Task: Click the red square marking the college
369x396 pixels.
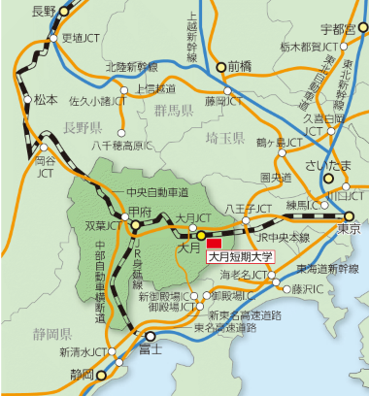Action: [215, 241]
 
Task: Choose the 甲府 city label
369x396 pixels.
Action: [140, 211]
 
